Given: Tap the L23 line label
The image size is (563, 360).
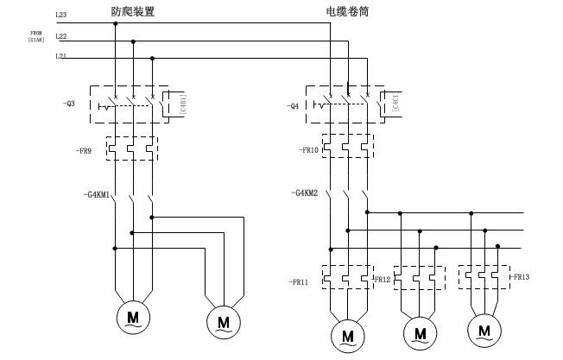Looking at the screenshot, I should [x=60, y=15].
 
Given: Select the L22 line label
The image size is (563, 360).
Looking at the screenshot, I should [x=60, y=36].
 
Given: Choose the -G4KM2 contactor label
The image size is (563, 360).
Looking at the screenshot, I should [x=305, y=193].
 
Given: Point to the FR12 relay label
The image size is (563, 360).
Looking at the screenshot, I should [x=382, y=281].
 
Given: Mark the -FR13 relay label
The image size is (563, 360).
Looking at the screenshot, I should [x=520, y=277].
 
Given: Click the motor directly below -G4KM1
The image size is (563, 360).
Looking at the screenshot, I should [x=133, y=316].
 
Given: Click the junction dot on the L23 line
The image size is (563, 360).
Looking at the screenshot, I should [x=115, y=23].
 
